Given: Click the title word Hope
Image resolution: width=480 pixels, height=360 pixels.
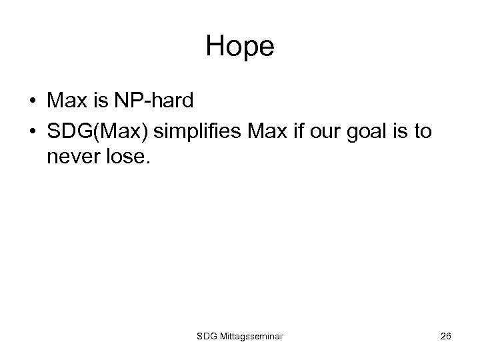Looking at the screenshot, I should coord(240,46).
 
